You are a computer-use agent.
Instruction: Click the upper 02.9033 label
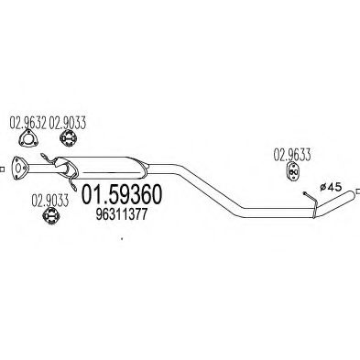(x=68, y=121)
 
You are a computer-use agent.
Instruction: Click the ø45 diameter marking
(x=327, y=188)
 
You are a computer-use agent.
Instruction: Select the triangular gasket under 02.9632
(x=29, y=139)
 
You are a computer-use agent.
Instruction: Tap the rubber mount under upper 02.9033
(x=68, y=139)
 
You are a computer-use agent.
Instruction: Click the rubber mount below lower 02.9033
(x=52, y=214)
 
